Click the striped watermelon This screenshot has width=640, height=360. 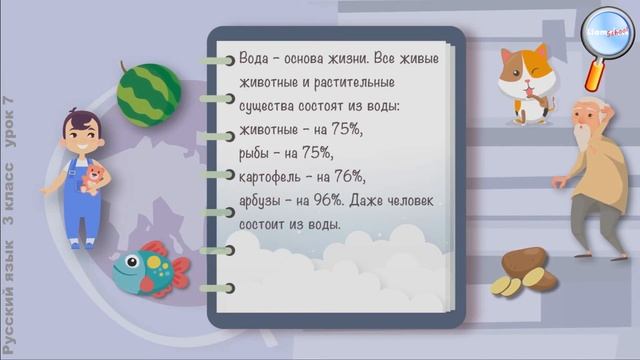(x=148, y=91)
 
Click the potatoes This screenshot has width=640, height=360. (x=522, y=272)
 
